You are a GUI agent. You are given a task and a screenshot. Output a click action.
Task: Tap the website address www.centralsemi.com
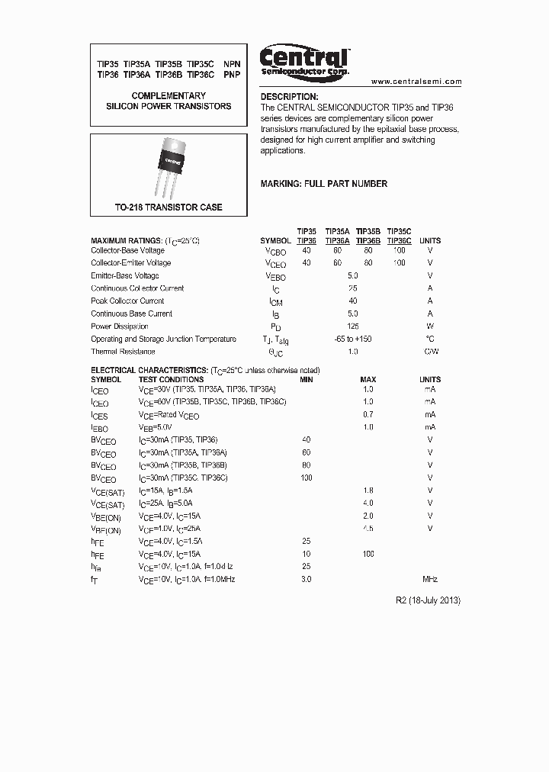click(x=416, y=81)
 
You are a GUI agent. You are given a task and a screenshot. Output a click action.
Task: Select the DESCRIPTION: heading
click(x=289, y=97)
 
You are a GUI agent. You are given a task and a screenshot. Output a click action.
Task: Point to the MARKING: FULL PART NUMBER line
click(x=323, y=184)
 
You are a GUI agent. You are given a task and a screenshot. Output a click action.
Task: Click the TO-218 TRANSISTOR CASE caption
click(x=169, y=207)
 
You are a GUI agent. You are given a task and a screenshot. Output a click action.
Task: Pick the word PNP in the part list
click(x=231, y=76)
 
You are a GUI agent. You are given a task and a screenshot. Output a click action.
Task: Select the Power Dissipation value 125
click(x=352, y=326)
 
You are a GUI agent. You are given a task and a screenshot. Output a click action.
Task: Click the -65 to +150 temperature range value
click(x=352, y=339)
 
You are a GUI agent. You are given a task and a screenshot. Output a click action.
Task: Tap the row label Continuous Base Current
click(x=131, y=314)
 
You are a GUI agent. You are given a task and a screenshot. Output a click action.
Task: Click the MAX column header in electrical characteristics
click(x=368, y=379)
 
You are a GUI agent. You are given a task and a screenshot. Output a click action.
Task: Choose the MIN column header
click(x=307, y=379)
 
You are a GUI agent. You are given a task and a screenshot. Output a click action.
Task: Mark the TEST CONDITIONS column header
click(x=171, y=379)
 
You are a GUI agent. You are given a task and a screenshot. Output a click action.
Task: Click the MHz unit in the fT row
click(x=430, y=579)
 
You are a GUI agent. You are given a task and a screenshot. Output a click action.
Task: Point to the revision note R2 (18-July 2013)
click(x=429, y=600)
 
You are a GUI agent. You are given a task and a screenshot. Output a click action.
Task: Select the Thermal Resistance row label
click(x=123, y=352)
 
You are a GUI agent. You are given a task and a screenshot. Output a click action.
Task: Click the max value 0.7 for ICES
click(x=368, y=414)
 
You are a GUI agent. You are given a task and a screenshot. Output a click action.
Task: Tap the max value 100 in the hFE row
click(x=368, y=554)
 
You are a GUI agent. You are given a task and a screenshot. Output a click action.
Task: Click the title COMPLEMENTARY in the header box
click(x=169, y=95)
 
